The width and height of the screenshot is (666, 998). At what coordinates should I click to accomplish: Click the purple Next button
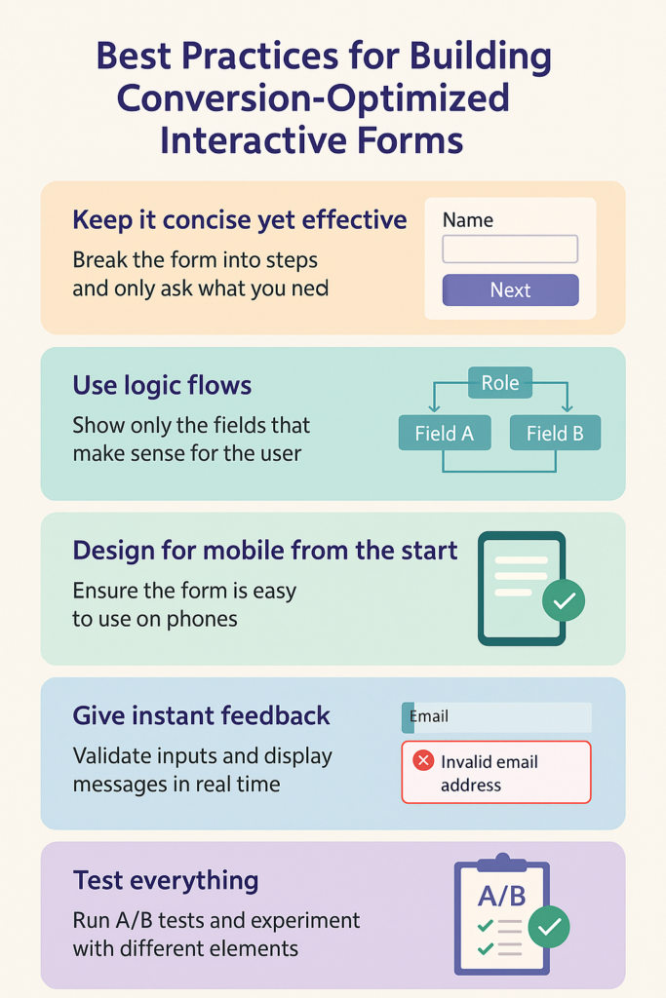511,290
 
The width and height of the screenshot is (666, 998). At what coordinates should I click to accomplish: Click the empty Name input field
510,249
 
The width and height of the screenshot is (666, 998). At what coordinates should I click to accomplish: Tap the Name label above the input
468,220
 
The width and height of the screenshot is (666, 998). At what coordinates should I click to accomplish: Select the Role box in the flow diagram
500,382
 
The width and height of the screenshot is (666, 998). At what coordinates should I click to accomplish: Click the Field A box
445,433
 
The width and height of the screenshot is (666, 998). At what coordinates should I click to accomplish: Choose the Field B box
555,433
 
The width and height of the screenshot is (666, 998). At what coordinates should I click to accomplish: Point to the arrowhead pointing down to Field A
434,406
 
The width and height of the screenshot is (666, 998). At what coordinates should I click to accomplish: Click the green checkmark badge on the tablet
564,600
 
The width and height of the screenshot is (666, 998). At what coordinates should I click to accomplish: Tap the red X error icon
423,760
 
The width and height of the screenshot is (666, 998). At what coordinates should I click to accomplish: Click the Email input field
496,717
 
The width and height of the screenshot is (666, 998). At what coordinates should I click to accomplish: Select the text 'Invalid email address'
489,773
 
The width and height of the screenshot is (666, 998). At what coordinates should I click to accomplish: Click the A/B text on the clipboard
502,897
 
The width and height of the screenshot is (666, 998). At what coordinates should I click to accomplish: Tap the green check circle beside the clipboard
549,927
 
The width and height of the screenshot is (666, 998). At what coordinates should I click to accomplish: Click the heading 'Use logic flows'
163,386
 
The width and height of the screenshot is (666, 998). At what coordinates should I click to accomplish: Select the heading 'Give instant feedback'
201,716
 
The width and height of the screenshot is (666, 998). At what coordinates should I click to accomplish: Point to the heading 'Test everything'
166,881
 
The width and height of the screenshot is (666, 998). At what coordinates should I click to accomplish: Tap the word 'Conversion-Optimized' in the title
313,98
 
